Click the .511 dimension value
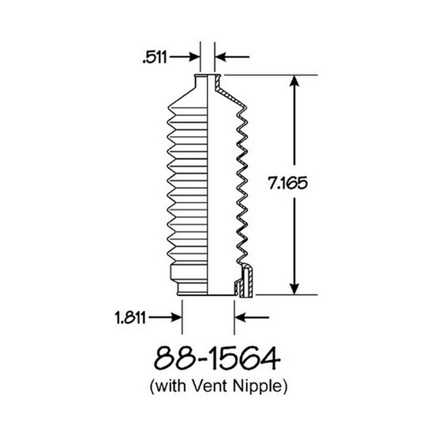coord(155,58)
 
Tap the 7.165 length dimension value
coord(288,183)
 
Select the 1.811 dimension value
coord(130,318)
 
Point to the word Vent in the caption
coord(209,386)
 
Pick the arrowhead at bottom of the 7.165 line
coord(294,289)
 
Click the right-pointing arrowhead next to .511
coord(194,57)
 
